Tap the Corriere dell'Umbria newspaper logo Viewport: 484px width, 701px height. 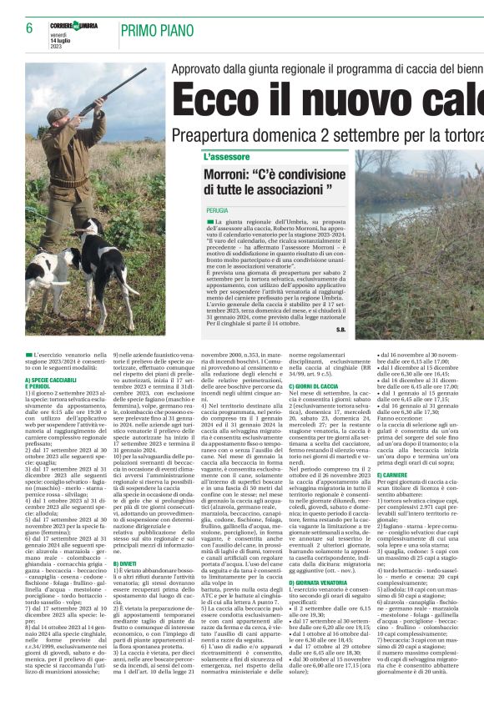pos(74,26)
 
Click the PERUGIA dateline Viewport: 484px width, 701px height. pos(217,211)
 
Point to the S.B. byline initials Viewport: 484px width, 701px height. pos(340,329)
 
